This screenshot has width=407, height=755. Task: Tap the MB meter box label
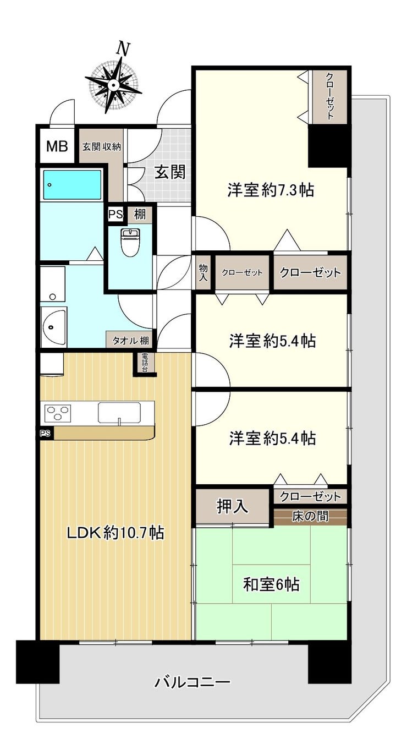coord(57,146)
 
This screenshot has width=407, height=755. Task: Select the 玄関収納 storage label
coord(101,147)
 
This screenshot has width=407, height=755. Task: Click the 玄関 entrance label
coord(170,172)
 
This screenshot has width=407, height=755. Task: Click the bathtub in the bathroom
coord(71,184)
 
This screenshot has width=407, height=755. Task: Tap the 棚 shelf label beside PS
coord(140,215)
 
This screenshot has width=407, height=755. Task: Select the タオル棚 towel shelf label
coord(130,341)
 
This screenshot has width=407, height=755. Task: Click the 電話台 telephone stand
coord(145,363)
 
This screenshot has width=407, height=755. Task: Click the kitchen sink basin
coord(119,412)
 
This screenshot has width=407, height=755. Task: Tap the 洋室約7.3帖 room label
coord(271,190)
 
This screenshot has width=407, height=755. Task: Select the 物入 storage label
coord(204,273)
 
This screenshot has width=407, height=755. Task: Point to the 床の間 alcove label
coord(310,516)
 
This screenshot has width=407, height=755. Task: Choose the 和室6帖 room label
coord(271,584)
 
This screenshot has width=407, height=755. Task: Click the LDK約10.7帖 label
coord(116,533)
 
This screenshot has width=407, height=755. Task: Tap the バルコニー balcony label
coord(193,682)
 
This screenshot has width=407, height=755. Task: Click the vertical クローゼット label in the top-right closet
coord(329,96)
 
